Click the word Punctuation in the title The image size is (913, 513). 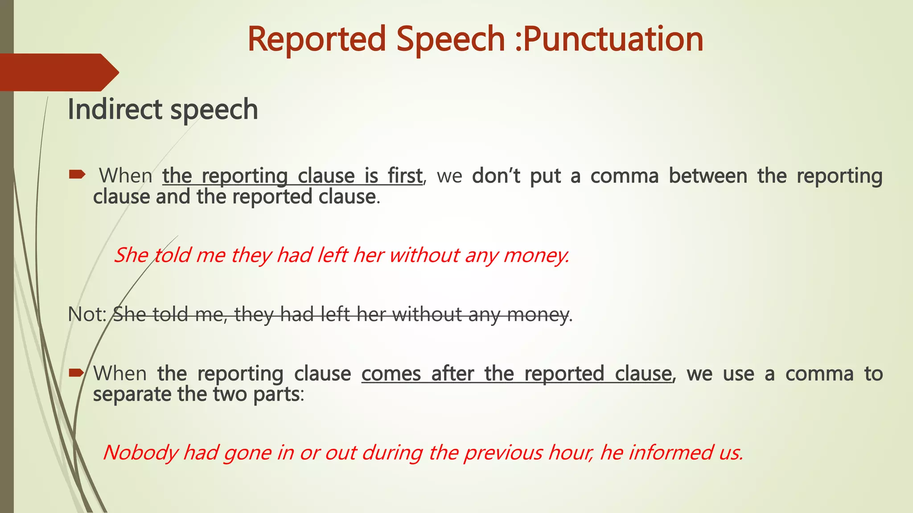coord(613,39)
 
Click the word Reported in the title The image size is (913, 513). coord(317,39)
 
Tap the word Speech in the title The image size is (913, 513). coord(450,39)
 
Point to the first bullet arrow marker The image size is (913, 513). coord(77,175)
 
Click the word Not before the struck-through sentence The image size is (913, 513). coord(86,314)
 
